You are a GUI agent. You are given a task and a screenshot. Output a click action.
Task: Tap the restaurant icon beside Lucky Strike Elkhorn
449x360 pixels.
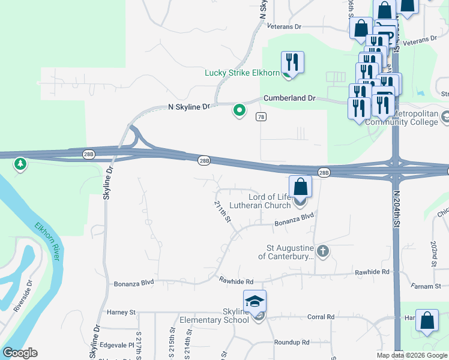tap(292, 62)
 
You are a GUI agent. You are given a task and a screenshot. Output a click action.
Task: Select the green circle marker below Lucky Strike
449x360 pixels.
tap(239, 110)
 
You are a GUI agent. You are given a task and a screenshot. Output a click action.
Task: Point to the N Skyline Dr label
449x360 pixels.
tap(189, 107)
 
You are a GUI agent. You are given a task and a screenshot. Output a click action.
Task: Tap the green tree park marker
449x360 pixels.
tap(20, 163)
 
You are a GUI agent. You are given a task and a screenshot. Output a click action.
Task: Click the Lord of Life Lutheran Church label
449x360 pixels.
tap(270, 201)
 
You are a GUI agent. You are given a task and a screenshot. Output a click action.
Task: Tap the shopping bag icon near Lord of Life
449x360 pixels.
tap(301, 187)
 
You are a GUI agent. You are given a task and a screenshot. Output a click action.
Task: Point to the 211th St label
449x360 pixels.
tap(223, 211)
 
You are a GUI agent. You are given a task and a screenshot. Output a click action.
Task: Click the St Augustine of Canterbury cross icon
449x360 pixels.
tap(323, 251)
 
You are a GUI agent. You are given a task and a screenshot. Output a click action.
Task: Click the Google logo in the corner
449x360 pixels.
tap(20, 353)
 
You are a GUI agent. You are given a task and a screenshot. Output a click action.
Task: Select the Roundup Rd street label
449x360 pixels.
tap(291, 342)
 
